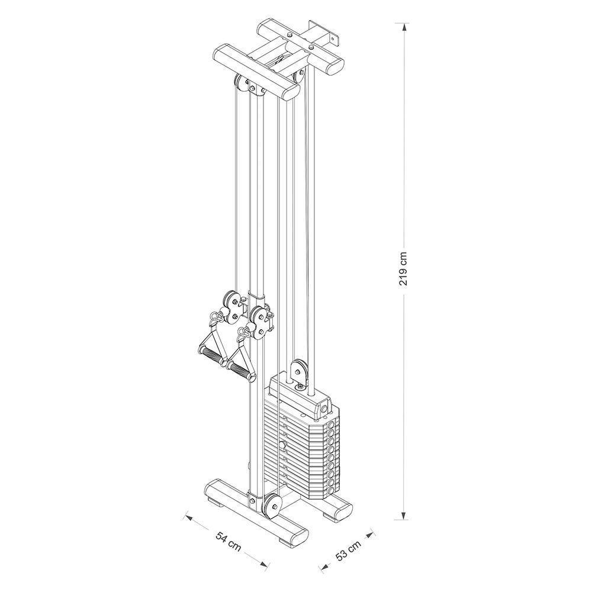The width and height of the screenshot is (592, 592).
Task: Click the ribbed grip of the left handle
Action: coord(213,357)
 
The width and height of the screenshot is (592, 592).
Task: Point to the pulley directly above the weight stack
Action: coord(300,371)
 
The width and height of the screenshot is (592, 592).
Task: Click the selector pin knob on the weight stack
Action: coord(284,444)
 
